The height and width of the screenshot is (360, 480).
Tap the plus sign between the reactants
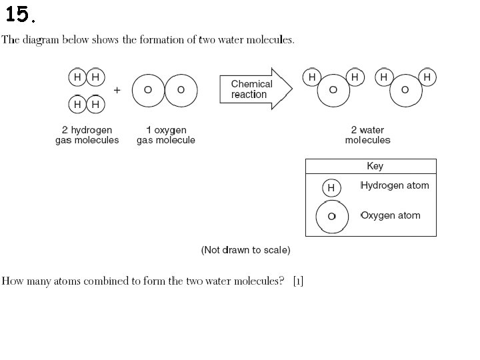pos(117,89)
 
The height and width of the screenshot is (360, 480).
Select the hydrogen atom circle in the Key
pos(331,188)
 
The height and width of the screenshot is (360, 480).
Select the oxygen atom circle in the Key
pos(331,217)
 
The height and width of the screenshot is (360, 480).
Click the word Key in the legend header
pos(375,166)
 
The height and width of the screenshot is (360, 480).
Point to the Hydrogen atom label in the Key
pos(395,185)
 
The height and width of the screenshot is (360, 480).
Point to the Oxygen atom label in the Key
pos(391,215)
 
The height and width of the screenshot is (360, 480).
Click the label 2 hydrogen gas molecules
pos(87,135)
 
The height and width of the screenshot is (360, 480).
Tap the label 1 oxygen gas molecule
pos(166,135)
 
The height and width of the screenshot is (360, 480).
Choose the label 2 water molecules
pos(368,135)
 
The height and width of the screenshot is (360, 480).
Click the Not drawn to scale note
pos(245,250)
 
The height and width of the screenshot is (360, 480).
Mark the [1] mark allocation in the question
pos(298,281)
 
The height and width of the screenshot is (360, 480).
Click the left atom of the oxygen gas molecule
pos(148,90)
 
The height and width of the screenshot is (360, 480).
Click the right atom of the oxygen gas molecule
pos(181,90)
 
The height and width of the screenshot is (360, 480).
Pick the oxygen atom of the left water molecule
pos(333,90)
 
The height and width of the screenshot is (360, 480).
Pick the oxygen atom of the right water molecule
pos(405,90)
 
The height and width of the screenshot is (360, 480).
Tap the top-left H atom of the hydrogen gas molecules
pos(77,77)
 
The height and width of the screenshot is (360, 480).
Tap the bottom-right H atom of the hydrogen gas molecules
pos(96,105)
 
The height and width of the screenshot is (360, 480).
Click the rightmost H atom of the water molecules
pos(427,77)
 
